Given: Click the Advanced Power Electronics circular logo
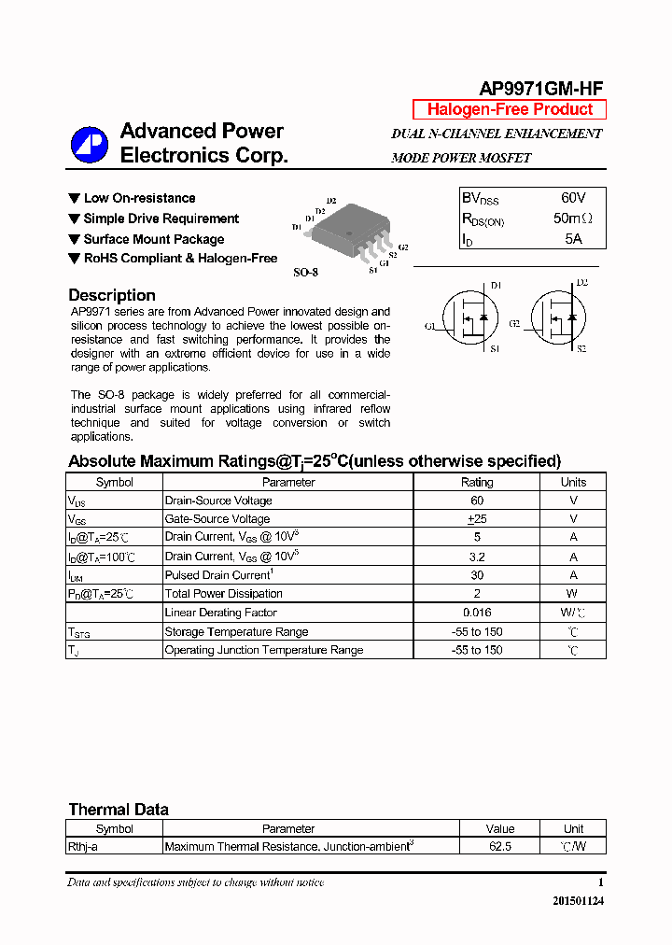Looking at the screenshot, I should [x=90, y=145].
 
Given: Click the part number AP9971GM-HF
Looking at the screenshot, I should [x=540, y=89].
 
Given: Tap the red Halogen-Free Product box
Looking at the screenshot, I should [x=510, y=109].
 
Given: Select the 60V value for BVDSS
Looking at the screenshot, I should [x=573, y=198].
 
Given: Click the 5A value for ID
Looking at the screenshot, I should [x=573, y=239].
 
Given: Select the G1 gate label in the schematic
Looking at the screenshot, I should [x=429, y=326].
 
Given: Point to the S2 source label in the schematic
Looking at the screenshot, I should [x=581, y=348].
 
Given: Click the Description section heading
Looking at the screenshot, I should [x=112, y=295].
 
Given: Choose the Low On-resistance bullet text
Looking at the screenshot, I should [x=139, y=198].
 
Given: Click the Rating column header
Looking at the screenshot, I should [x=477, y=482].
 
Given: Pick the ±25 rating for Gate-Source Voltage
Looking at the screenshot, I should [x=477, y=519].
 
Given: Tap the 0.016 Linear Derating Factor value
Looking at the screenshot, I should [x=477, y=613].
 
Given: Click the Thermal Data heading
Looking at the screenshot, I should [x=119, y=810].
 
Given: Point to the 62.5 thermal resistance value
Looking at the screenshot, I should [x=499, y=846].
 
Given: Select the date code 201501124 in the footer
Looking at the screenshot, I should [x=578, y=901].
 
